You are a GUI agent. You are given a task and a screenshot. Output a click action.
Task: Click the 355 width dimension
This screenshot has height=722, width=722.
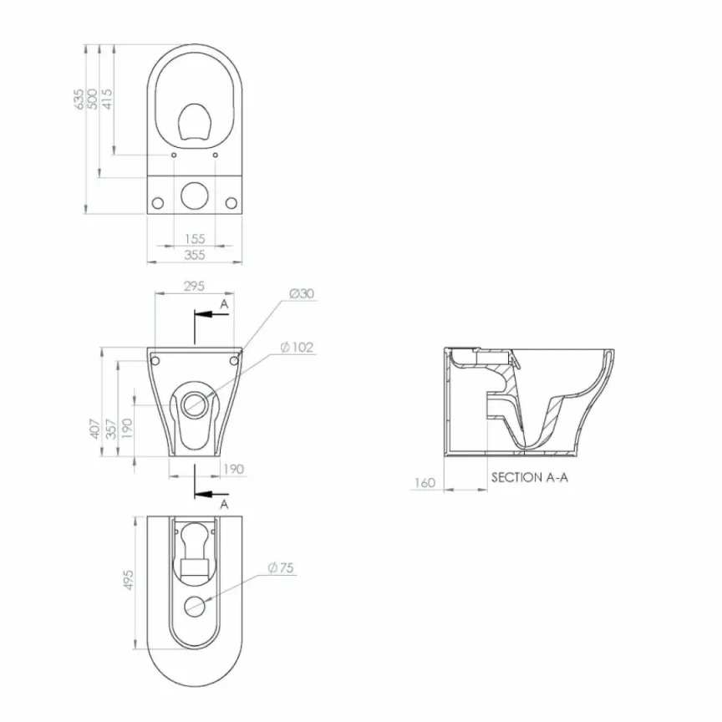[195, 256]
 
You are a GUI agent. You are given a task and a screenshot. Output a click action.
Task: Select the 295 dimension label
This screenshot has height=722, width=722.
[194, 286]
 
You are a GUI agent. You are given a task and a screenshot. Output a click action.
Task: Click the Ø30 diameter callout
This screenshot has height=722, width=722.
[301, 293]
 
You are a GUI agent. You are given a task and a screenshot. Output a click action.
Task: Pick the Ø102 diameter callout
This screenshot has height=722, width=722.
[297, 347]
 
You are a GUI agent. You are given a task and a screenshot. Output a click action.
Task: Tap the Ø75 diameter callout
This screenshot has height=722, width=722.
[282, 568]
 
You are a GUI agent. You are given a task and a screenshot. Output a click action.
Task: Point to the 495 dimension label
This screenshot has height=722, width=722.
[130, 580]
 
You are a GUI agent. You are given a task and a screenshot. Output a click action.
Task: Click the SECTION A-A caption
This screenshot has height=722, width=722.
[530, 477]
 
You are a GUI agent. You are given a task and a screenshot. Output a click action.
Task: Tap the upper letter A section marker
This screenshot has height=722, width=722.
[224, 305]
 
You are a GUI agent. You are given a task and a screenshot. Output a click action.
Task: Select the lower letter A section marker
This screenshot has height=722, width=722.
[224, 505]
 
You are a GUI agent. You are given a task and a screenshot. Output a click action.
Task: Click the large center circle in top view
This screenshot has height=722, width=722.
[195, 194]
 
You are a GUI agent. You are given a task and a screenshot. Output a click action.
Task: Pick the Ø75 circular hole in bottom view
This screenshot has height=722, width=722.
[195, 607]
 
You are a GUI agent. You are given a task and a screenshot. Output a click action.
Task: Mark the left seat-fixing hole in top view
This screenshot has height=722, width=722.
[173, 155]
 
